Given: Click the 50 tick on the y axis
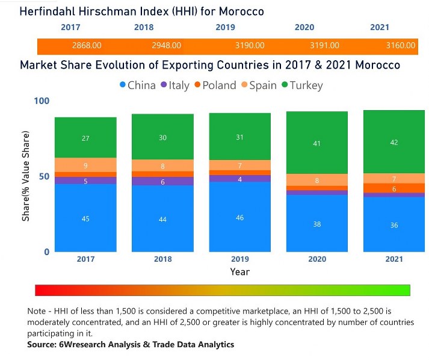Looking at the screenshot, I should (x=43, y=176).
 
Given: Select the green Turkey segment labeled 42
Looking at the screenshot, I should (x=394, y=142).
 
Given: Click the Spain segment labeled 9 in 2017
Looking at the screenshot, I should (x=85, y=165).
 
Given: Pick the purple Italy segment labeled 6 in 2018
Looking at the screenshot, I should (x=162, y=181).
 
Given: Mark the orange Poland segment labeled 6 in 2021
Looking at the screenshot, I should (x=394, y=188).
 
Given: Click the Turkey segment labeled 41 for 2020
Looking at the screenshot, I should (x=317, y=143).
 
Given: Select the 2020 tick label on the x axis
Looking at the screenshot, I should (x=317, y=259).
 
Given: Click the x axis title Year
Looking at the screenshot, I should (x=239, y=272).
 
